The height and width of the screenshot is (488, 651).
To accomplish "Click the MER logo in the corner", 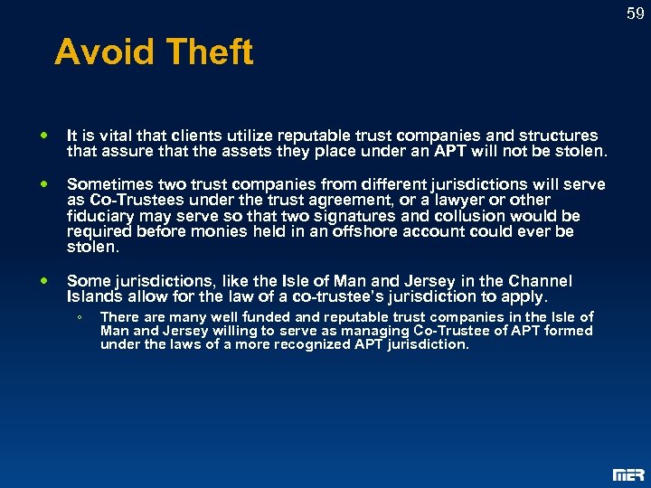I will click(628, 474).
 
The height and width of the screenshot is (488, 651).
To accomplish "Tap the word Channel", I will click(542, 281).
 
